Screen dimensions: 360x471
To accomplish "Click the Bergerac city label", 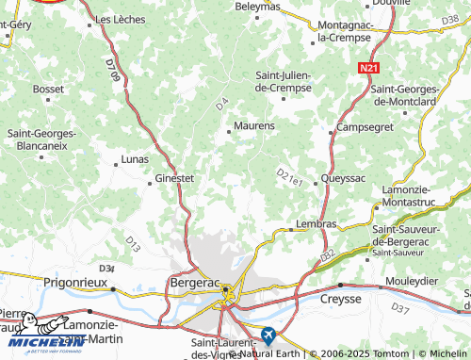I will (x=195, y=281).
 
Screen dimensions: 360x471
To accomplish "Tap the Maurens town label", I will (x=254, y=125).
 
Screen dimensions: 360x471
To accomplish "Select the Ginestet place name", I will (x=174, y=177).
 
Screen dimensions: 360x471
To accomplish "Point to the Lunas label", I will (x=135, y=160).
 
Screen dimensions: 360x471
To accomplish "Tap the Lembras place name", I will (x=316, y=224).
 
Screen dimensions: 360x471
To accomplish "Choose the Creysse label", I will (x=342, y=298).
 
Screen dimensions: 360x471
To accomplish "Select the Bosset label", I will (x=48, y=89).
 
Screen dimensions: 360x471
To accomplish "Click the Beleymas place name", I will (x=257, y=6).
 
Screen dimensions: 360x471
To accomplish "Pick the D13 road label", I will (x=132, y=247).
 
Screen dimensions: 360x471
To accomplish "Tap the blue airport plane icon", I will (x=269, y=334).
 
